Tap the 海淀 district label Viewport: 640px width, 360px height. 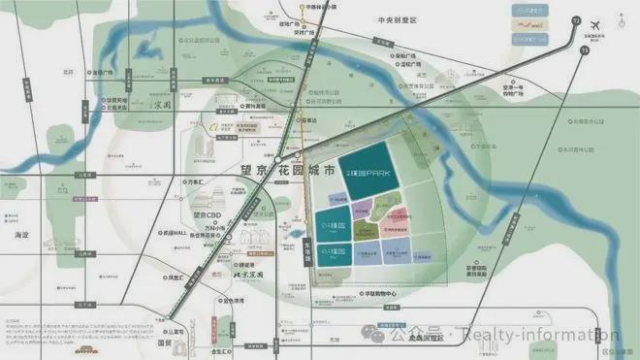pos(23,234)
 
